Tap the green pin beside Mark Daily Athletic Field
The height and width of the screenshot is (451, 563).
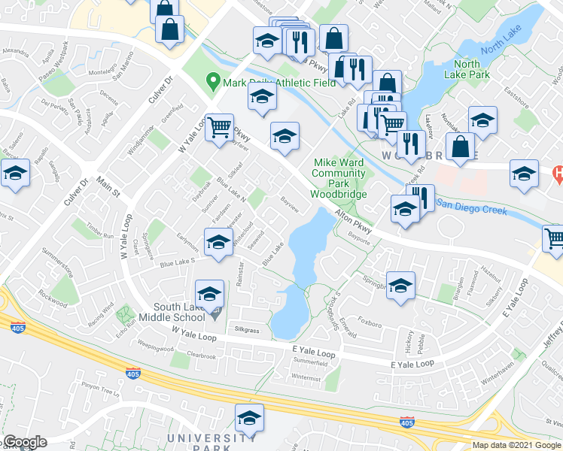coord(213,79)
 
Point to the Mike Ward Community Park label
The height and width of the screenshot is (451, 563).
coord(338,178)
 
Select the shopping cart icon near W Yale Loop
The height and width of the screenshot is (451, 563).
coord(220,127)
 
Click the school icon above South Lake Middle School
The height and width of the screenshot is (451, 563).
coord(210,293)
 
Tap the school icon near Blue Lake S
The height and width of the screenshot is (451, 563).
coord(218,244)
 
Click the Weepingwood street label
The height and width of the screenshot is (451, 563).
coord(157,349)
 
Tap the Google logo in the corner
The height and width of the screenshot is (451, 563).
coord(25,442)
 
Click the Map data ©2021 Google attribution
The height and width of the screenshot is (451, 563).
coord(516,445)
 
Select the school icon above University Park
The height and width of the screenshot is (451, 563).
coord(250,418)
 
